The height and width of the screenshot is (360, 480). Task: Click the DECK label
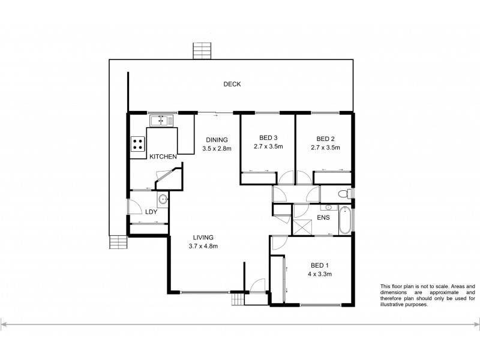232,84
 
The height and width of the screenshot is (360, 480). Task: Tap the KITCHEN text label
163,157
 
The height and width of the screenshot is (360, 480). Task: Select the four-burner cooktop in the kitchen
137,144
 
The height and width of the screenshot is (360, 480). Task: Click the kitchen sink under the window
161,121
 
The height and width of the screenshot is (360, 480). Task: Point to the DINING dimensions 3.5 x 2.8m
217,148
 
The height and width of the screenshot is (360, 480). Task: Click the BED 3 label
268,137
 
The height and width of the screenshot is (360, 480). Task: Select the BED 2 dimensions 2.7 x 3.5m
325,147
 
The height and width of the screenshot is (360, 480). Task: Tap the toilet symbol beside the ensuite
344,193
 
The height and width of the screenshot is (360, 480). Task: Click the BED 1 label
319,265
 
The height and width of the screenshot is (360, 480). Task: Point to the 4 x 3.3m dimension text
319,274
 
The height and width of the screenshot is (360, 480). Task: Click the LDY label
151,212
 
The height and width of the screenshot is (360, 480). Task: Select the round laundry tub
161,200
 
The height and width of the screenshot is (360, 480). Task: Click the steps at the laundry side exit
118,242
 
